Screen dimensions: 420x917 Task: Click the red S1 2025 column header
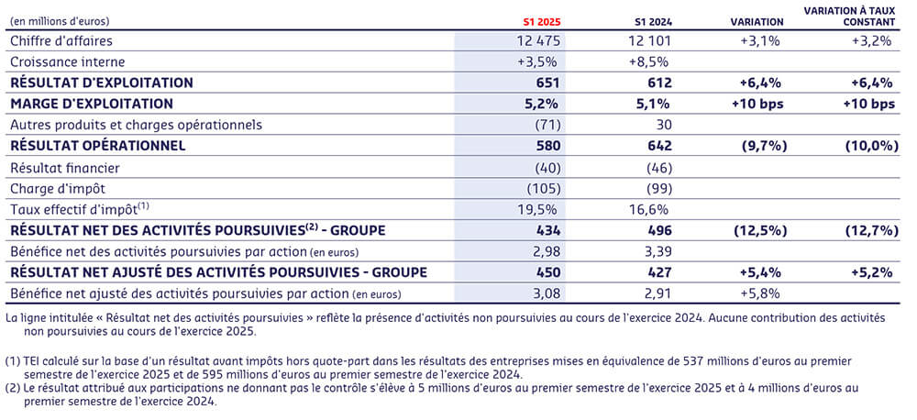point(542,20)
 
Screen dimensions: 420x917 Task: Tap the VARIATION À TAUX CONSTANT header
point(848,15)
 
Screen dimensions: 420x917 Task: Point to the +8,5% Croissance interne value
point(649,61)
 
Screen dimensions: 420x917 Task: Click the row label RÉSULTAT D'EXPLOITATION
point(102,83)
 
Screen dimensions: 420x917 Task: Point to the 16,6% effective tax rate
point(650,209)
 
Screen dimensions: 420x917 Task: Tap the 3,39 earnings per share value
point(655,251)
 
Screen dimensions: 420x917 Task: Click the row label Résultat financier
point(63,168)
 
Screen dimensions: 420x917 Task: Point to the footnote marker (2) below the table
point(12,388)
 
